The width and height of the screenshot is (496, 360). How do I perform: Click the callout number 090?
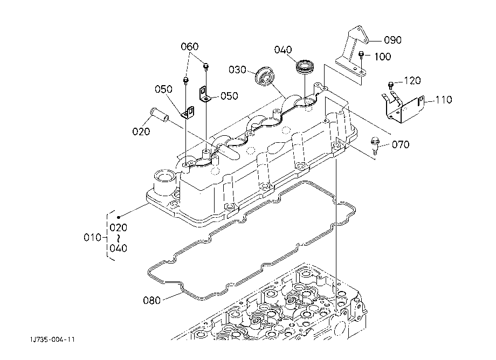[392, 40]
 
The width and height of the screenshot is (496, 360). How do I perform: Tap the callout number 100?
[382, 57]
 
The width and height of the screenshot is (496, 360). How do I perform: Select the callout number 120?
[412, 81]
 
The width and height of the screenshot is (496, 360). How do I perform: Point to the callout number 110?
[444, 100]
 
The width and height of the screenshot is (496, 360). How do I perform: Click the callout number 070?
[401, 145]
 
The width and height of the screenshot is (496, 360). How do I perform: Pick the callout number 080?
[152, 300]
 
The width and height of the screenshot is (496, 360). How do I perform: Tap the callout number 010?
[92, 237]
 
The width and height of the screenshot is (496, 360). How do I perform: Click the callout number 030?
[237, 70]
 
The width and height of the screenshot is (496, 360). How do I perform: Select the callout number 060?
[189, 47]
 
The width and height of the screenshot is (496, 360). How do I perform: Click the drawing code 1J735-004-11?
[52, 340]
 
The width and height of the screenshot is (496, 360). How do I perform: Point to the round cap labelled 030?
[265, 77]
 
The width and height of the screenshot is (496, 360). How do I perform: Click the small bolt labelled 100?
[361, 56]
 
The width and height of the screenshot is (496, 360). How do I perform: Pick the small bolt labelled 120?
[391, 85]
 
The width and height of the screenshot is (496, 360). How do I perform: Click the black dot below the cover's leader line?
[119, 217]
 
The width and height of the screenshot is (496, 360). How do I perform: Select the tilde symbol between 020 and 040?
[118, 238]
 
